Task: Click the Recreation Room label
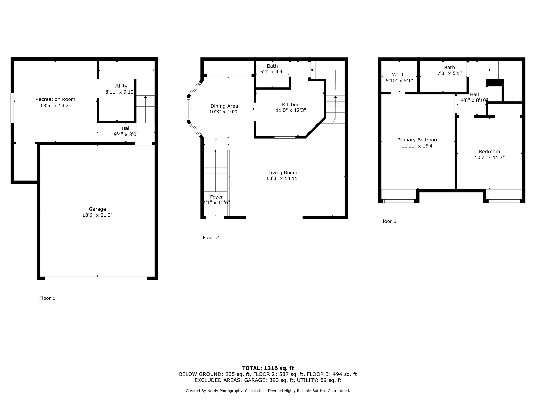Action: click(x=55, y=99)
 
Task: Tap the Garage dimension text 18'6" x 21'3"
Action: click(x=97, y=215)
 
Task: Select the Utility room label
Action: click(x=120, y=86)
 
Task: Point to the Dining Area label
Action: click(x=224, y=106)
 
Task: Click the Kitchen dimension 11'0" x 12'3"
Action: click(x=291, y=110)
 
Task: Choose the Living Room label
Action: click(x=283, y=173)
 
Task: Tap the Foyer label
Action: click(x=216, y=197)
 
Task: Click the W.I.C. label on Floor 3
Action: click(x=399, y=75)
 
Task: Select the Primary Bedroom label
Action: click(x=418, y=140)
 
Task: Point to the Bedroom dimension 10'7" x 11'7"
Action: click(x=489, y=157)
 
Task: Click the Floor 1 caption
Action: click(x=47, y=298)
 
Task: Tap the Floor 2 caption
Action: click(x=211, y=238)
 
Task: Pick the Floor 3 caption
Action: click(x=388, y=221)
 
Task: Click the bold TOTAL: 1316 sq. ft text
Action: click(x=268, y=368)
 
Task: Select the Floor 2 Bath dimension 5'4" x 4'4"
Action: click(x=272, y=72)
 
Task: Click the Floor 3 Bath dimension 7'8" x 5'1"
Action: click(x=449, y=73)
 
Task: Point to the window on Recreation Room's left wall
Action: click(x=12, y=108)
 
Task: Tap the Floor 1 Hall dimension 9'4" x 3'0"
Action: click(x=126, y=134)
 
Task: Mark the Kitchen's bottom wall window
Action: click(x=285, y=137)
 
